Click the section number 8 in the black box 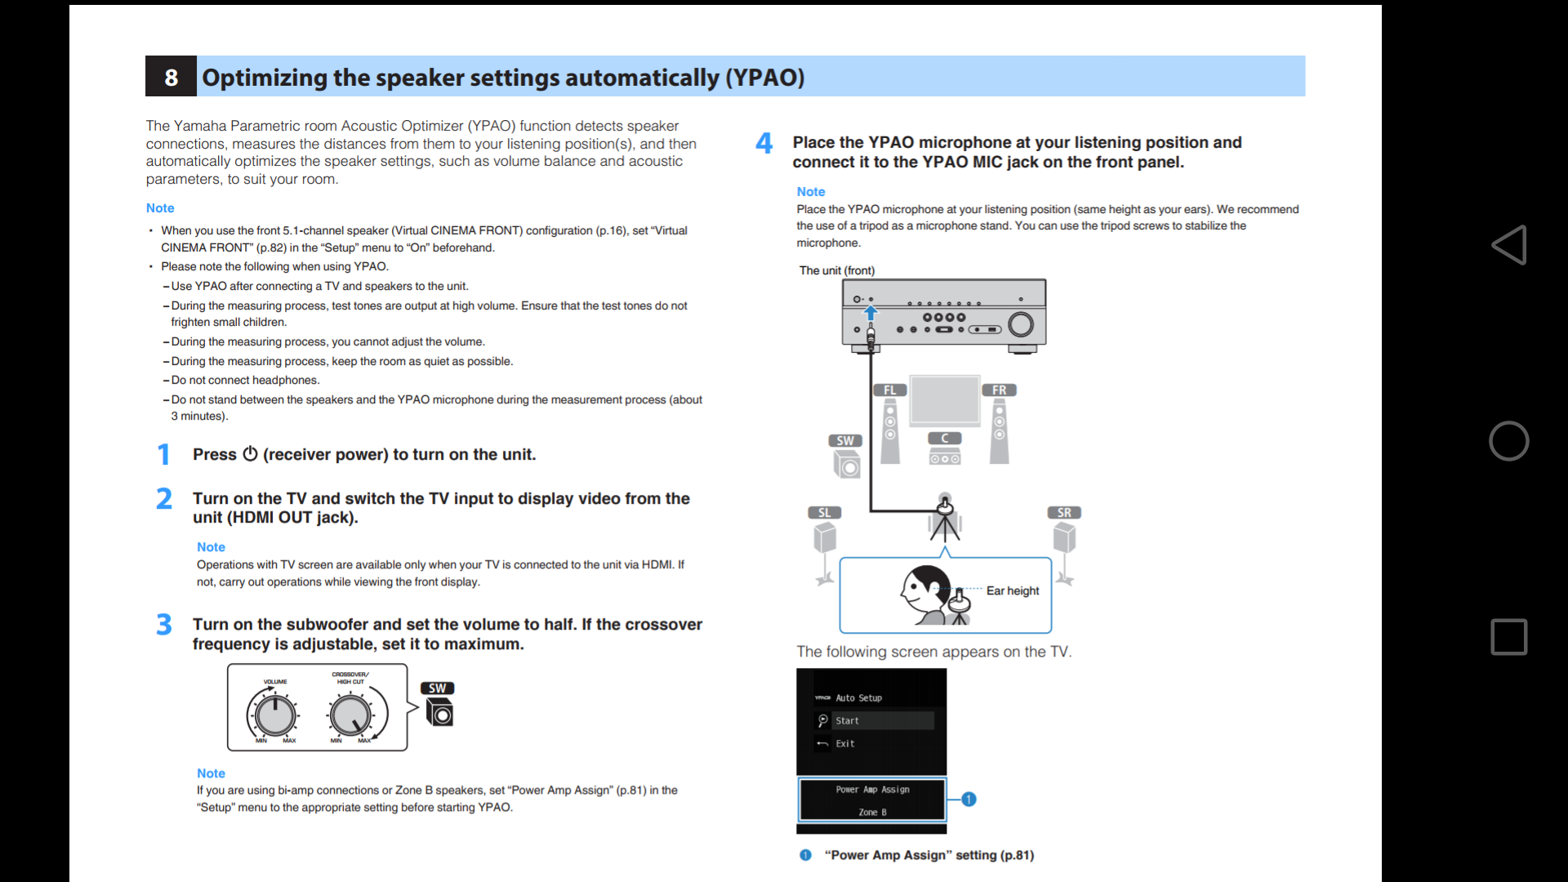click(171, 77)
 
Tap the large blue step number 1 click(163, 454)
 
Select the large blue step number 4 click(764, 144)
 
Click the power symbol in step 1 click(250, 454)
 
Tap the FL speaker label click(889, 390)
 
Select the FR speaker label click(999, 390)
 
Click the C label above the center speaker click(945, 439)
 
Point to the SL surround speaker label click(824, 513)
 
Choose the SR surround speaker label click(1064, 513)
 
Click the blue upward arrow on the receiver click(871, 313)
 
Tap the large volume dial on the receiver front click(1021, 325)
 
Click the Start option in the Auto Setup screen click(847, 721)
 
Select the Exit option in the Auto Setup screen click(844, 744)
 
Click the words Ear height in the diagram click(1013, 590)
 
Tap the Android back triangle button click(1508, 245)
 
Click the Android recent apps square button click(1508, 637)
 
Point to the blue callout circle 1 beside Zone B click(969, 800)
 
